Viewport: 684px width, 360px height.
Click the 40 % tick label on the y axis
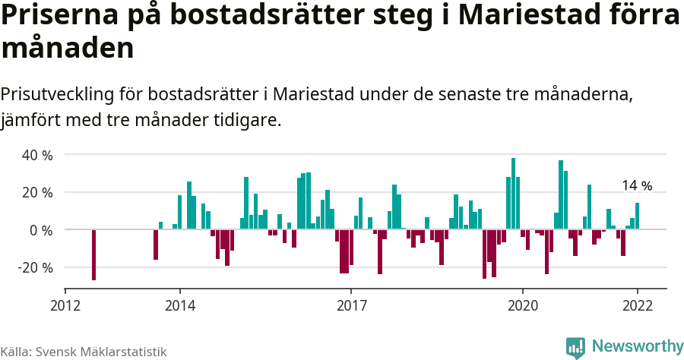tap(36, 155)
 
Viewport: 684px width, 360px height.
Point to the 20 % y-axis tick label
tap(36, 192)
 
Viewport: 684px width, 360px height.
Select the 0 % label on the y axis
tap(40, 229)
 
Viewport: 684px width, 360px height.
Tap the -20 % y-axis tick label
tap(35, 267)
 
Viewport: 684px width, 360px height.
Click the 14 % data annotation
tap(637, 185)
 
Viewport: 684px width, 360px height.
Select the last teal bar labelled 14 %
tap(637, 216)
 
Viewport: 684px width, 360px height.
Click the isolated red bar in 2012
tap(94, 254)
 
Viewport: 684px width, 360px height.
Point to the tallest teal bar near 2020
tap(513, 194)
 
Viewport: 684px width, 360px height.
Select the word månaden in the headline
tap(68, 49)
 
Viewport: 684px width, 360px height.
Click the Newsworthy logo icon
tap(575, 347)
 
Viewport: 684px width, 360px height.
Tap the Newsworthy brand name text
tap(637, 346)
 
